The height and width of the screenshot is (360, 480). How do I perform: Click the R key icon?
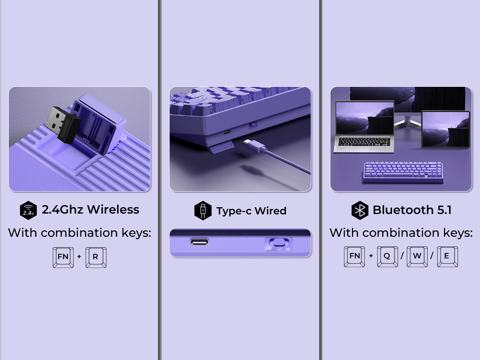[x=96, y=257]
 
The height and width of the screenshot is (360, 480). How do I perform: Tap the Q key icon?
[x=387, y=256]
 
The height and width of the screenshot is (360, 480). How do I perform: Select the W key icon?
[x=417, y=256]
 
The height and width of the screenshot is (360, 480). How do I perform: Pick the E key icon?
[x=447, y=256]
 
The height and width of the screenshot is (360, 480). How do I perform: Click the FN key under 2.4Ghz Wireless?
[x=63, y=257]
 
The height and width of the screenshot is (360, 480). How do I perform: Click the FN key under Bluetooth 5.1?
[x=354, y=256]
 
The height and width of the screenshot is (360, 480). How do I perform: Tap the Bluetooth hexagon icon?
[x=360, y=210]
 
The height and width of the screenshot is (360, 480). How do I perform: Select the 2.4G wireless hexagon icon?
[x=28, y=210]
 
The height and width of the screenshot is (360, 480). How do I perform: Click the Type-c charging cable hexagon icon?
[x=203, y=210]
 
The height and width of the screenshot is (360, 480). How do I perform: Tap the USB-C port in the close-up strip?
[x=200, y=242]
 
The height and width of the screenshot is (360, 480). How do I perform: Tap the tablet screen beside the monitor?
[x=445, y=129]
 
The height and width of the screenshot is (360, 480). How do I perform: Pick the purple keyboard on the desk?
[x=403, y=172]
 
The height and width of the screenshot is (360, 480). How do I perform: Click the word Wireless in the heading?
[x=113, y=210]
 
